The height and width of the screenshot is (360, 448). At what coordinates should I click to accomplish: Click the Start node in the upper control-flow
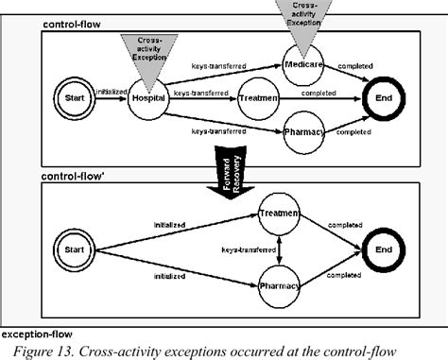[76, 97]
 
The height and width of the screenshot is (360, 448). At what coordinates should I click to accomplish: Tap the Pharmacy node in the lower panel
[280, 284]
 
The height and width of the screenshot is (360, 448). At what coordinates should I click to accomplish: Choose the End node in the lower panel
[382, 251]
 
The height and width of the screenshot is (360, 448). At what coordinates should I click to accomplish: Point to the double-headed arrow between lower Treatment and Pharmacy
[280, 250]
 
